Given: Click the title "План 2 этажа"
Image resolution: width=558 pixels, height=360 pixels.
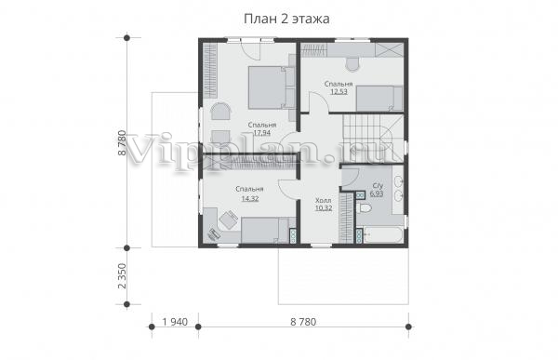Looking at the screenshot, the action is [x=286, y=19].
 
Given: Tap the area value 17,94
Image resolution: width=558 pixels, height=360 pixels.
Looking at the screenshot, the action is [x=262, y=133].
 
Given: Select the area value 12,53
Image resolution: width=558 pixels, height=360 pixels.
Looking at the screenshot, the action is [x=339, y=91].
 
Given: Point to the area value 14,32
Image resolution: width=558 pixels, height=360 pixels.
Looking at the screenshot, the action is [x=250, y=198].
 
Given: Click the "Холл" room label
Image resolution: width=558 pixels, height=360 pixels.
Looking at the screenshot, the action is [x=323, y=201].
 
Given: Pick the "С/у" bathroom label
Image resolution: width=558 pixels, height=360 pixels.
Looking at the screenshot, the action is [x=378, y=186].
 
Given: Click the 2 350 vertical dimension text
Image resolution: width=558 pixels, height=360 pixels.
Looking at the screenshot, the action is [x=122, y=276].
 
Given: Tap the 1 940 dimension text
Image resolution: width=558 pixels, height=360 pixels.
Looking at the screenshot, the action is [x=175, y=322].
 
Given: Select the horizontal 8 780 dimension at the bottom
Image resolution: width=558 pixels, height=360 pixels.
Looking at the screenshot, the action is [x=303, y=322].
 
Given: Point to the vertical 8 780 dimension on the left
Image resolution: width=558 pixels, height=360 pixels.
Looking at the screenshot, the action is [x=122, y=142].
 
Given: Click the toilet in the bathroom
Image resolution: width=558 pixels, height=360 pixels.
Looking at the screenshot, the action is [x=364, y=208].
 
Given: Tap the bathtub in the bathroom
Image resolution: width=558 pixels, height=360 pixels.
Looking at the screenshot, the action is [x=383, y=235].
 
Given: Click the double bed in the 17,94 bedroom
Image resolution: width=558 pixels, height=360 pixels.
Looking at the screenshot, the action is [x=272, y=87].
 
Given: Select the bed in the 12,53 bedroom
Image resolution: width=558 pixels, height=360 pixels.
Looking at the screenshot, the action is [x=379, y=99].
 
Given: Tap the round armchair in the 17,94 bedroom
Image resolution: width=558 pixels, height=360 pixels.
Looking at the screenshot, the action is [x=220, y=111].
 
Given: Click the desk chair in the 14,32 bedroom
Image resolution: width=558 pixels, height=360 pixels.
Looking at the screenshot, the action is [x=229, y=219].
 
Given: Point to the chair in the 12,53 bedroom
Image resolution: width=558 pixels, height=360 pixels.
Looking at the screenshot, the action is [x=352, y=64].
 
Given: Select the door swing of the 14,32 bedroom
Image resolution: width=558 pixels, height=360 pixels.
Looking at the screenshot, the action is [x=286, y=188].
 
